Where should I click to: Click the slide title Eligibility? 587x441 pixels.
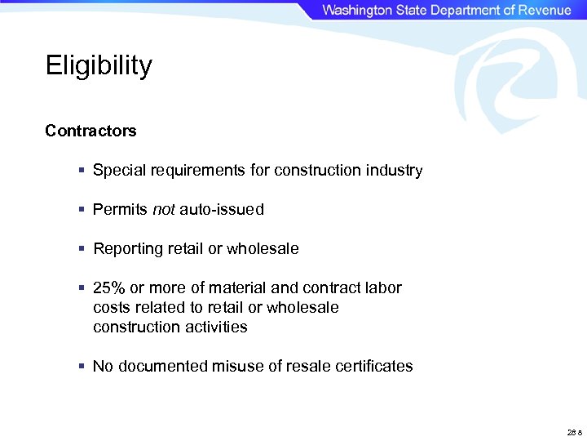tap(99, 65)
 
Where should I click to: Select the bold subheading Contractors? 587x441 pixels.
tap(90, 131)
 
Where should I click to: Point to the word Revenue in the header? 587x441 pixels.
tap(541, 10)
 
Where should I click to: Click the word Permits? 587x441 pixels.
tap(120, 210)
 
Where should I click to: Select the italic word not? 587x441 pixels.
tap(163, 210)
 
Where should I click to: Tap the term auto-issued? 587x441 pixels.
tap(222, 210)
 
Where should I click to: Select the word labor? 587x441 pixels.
tap(382, 288)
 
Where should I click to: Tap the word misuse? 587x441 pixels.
tap(225, 367)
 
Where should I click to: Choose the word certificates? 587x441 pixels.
tap(373, 367)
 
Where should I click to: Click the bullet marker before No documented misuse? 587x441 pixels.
tap(82, 367)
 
